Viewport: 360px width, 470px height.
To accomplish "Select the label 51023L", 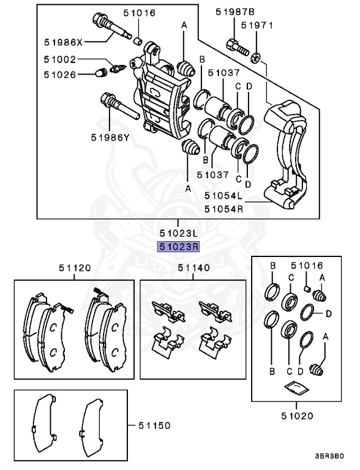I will [179, 233].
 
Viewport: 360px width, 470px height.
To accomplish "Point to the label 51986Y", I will [110, 138].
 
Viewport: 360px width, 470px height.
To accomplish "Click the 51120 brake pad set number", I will [75, 268].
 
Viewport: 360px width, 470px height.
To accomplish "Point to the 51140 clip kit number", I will [193, 268].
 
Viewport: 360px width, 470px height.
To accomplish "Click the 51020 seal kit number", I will [298, 416].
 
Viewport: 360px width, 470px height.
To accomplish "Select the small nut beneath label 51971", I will [257, 57].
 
